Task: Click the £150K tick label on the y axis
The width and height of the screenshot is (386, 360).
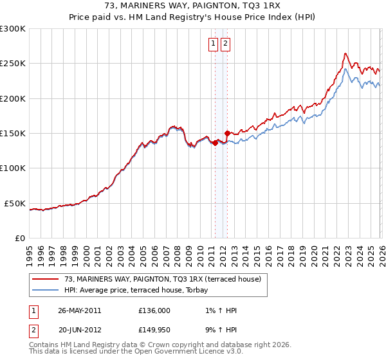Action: pos(13,134)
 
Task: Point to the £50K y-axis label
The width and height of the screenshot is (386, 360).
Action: pos(15,203)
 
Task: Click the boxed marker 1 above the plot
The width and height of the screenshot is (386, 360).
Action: pos(213,44)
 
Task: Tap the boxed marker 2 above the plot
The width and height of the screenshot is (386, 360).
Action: pos(226,44)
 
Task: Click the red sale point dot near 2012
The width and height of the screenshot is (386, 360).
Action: pos(227,133)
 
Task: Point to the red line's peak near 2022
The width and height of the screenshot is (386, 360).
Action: pos(345,53)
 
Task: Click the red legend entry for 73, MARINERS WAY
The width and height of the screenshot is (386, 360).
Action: pos(162,279)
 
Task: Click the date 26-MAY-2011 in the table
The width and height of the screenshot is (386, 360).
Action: pos(79,310)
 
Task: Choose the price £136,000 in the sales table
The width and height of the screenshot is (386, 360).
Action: pos(154,310)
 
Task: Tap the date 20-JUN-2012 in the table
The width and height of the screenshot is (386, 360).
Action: pos(79,330)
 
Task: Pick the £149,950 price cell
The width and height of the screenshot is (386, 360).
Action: pos(154,330)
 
